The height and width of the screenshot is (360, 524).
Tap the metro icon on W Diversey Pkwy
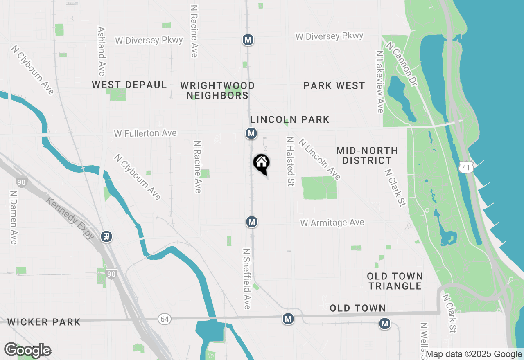point(248,40)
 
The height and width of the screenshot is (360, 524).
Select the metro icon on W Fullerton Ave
point(251,133)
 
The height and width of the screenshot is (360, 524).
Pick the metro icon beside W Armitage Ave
point(251,222)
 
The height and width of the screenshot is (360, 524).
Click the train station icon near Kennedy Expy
point(106,236)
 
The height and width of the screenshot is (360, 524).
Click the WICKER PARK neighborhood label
point(44,322)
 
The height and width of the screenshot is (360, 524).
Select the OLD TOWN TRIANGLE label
point(395,281)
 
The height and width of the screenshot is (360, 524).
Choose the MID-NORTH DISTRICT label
point(367,155)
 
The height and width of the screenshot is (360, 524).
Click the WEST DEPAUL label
point(129,85)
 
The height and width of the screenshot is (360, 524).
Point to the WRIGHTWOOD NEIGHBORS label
point(217,90)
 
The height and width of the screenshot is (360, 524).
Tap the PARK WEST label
point(334,85)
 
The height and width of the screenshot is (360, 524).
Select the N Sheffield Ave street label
point(246,279)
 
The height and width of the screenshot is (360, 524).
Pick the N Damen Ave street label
point(14,217)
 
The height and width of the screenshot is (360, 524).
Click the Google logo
point(27,350)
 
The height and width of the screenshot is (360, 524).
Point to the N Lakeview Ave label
point(380,82)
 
